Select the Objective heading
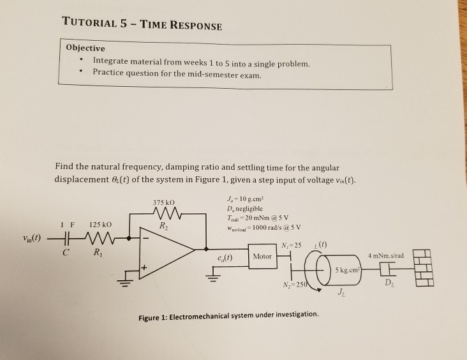coord(86,48)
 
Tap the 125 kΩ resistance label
coord(101,225)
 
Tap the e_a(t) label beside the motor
coord(225,258)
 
